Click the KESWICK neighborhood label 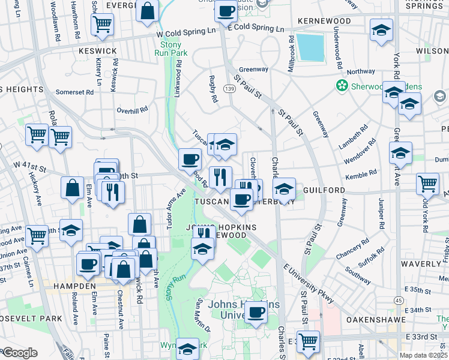click(97, 51)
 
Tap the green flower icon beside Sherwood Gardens click(342, 85)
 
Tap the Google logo click(20, 353)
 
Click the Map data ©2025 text click(423, 355)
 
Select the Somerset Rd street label click(74, 92)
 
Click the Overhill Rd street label click(132, 110)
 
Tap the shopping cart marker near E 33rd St click(308, 341)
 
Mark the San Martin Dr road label click(202, 314)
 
